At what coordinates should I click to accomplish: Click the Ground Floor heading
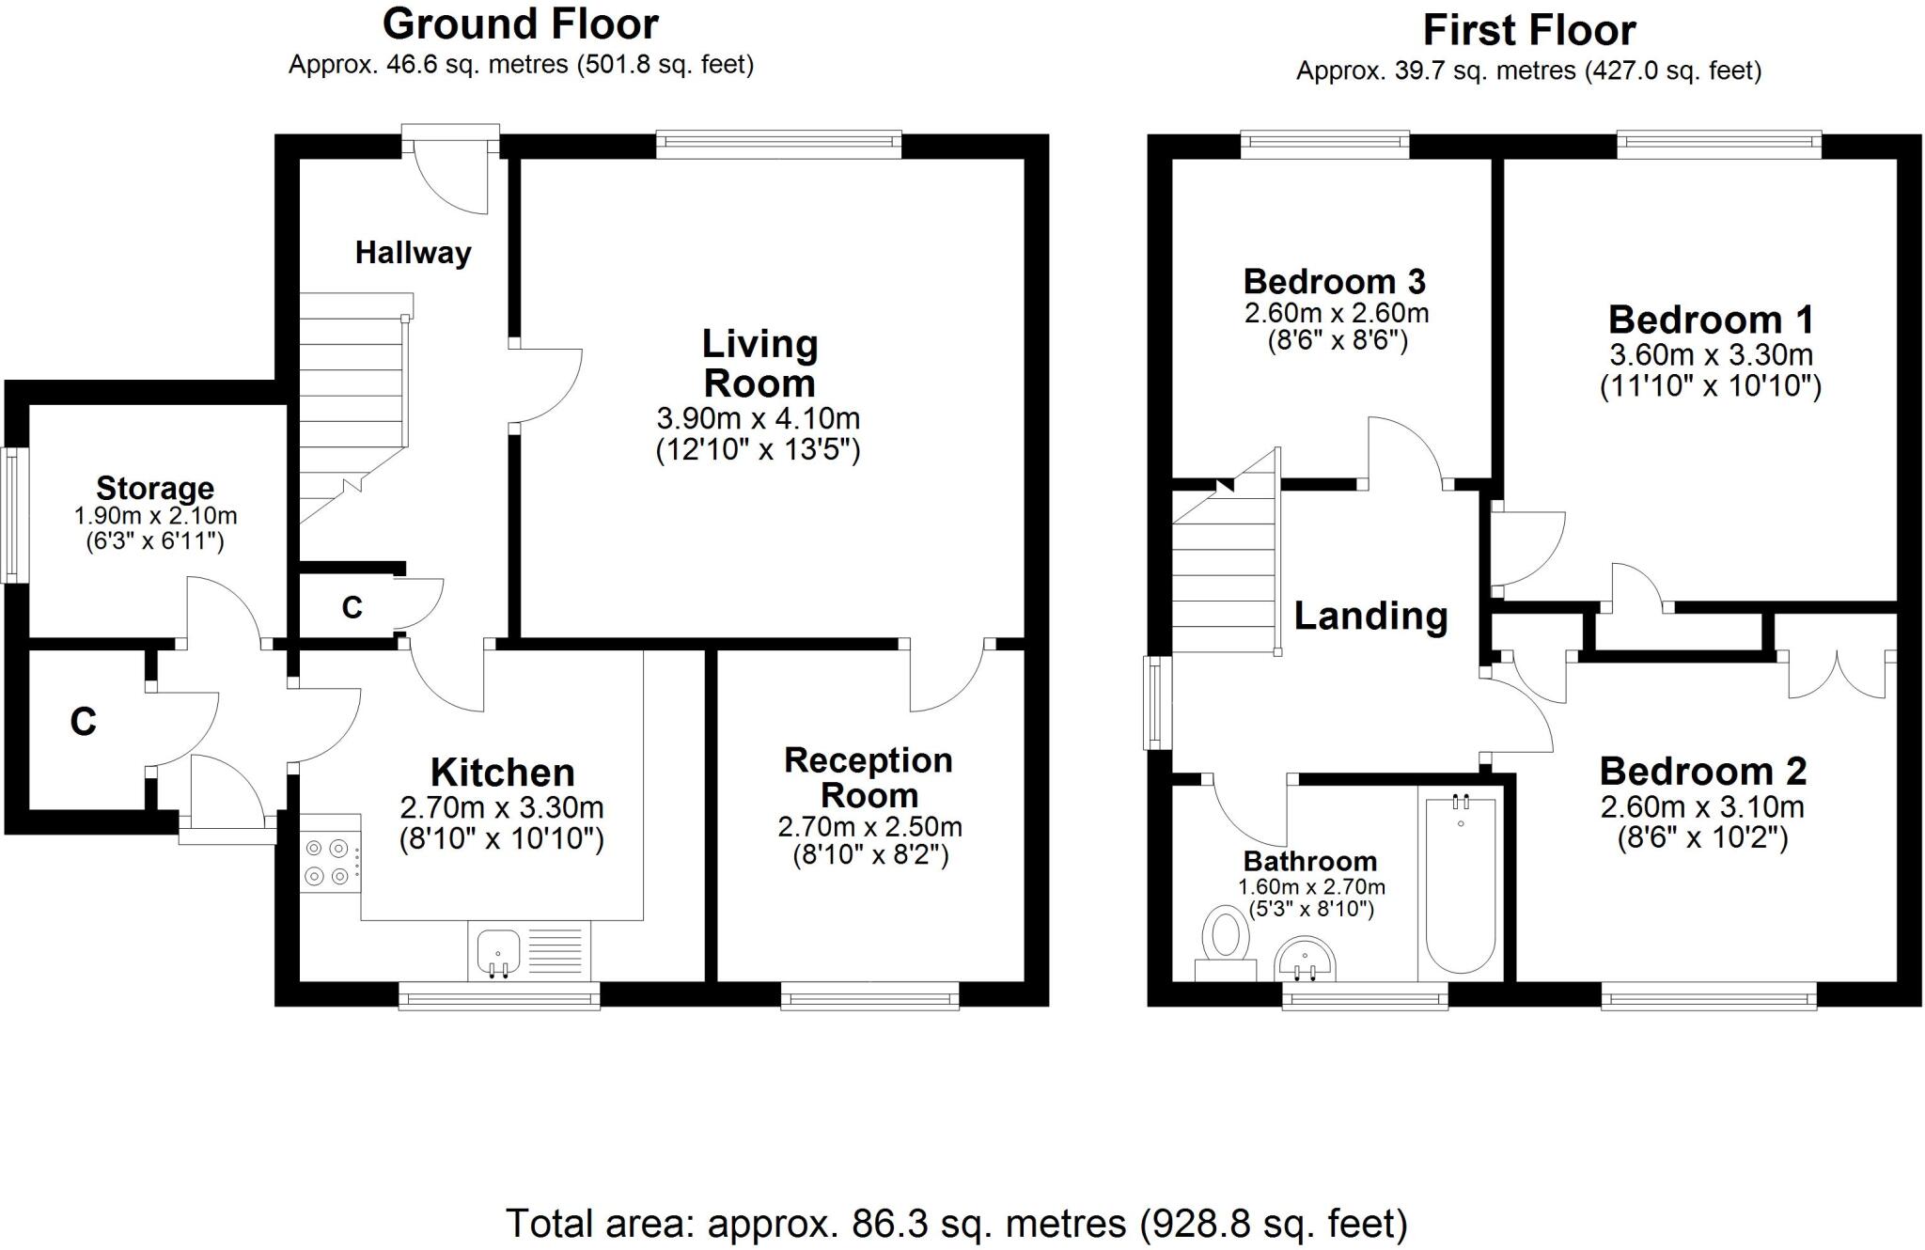click(x=520, y=24)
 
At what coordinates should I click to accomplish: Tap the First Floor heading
click(x=1528, y=30)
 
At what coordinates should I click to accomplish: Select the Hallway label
click(x=413, y=252)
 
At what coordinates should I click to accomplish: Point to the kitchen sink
click(x=498, y=952)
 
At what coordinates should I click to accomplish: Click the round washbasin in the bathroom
click(x=1304, y=959)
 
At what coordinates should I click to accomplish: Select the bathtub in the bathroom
click(x=1460, y=883)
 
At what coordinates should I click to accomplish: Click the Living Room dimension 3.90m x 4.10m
click(x=758, y=418)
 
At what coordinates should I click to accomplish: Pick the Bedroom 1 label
click(x=1711, y=320)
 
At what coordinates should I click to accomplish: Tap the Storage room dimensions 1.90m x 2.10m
click(x=155, y=516)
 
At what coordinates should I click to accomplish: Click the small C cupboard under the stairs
click(x=352, y=608)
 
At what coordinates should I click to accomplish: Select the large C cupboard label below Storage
click(x=84, y=722)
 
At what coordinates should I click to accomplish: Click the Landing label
click(x=1370, y=616)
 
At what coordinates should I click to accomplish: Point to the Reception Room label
click(x=869, y=777)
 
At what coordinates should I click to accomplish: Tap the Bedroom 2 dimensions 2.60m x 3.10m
click(x=1702, y=806)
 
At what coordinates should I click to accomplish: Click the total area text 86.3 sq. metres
click(x=957, y=1224)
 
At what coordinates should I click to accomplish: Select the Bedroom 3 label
click(x=1334, y=281)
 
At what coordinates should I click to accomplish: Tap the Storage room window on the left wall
click(x=12, y=514)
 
